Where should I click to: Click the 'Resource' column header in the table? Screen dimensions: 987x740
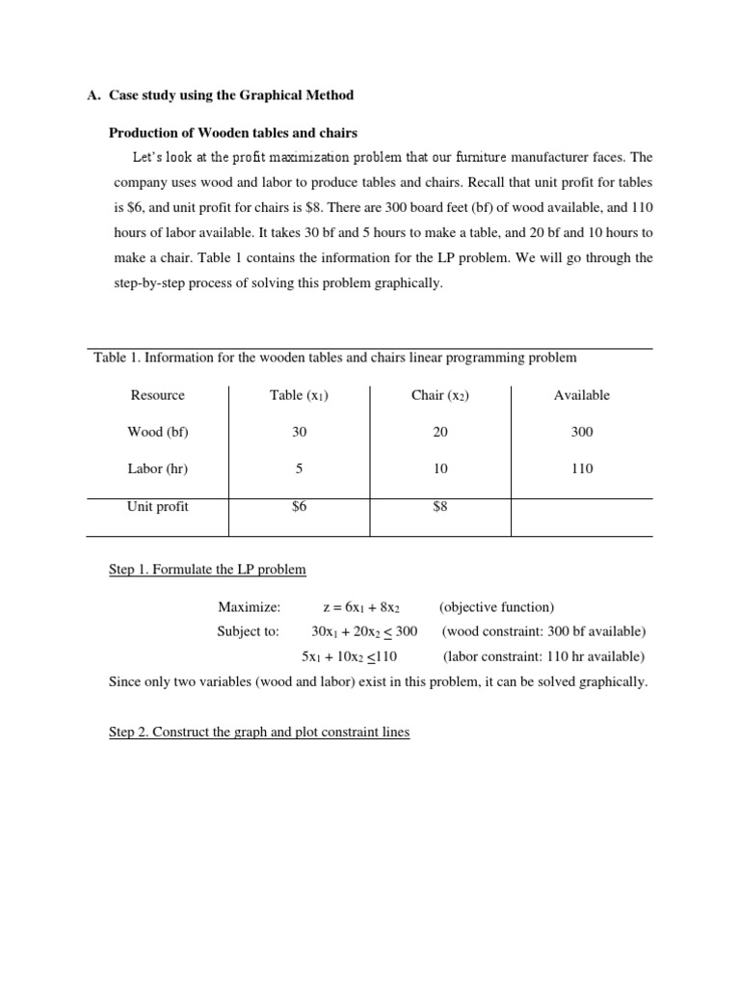coord(157,395)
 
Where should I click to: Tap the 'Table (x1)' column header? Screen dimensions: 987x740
coord(299,395)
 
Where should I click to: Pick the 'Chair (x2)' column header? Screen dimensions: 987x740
coord(439,395)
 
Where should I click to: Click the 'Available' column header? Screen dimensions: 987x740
coord(581,395)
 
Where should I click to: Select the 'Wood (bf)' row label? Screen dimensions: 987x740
coord(157,432)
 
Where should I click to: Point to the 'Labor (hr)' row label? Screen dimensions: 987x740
coord(157,468)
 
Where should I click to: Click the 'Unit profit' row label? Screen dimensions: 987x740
coord(157,507)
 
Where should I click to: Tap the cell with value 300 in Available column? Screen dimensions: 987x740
coord(581,432)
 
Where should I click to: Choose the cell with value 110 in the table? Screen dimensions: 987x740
coord(581,468)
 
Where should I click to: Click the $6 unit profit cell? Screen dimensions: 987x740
coord(299,507)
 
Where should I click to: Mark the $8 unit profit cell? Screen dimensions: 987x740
coord(439,507)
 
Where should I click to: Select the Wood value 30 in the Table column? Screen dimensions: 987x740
coord(299,432)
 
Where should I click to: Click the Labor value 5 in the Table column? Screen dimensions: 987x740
coord(299,468)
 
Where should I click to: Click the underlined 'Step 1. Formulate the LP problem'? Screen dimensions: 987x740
coord(207,570)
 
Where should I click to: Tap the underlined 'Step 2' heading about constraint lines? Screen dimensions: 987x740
coord(259,733)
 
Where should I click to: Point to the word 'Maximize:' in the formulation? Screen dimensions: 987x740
coord(249,607)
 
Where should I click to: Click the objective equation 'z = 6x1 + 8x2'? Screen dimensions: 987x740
coord(361,608)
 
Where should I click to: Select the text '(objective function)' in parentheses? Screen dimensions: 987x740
coord(496,607)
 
